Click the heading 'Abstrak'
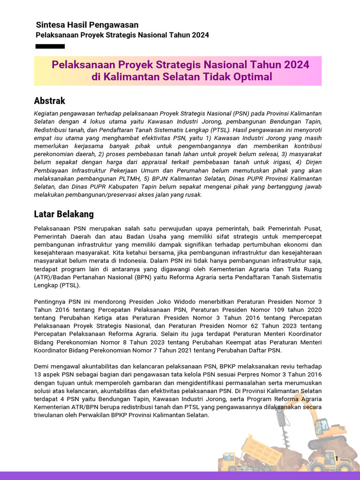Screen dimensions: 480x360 click(x=49, y=101)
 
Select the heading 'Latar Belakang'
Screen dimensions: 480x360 click(x=64, y=214)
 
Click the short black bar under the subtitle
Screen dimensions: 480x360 click(x=50, y=46)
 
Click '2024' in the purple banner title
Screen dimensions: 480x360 click(x=297, y=65)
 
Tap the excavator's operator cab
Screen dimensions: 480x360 click(x=322, y=427)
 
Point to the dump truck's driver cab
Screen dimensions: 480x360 click(x=230, y=457)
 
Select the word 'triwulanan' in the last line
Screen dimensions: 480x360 click(x=51, y=415)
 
